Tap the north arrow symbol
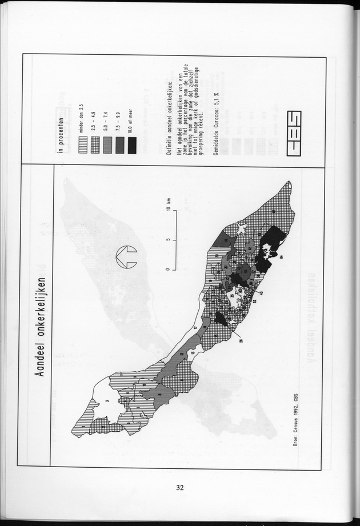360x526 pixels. [x=125, y=257]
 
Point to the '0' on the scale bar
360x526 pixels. [x=168, y=268]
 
